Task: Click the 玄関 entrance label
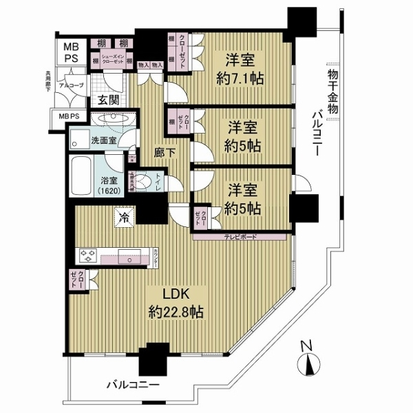[109, 100]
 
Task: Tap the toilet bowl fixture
[143, 181]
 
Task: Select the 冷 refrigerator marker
[126, 215]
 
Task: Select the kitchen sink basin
[129, 260]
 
